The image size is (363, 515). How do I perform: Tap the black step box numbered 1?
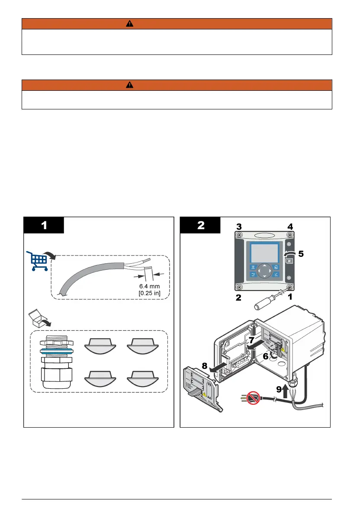[44, 225]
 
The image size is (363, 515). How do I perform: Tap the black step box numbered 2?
[201, 225]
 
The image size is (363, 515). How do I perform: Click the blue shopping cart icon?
[38, 260]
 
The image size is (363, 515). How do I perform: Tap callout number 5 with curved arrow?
[301, 254]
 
